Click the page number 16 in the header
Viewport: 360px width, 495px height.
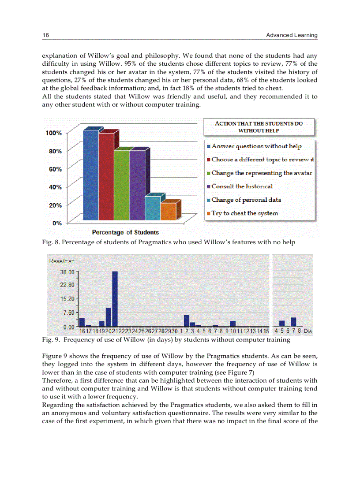click(45, 35)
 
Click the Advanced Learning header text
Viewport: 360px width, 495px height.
click(292, 35)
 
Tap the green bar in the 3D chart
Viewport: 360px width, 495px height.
click(121, 185)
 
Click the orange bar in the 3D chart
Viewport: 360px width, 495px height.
click(167, 211)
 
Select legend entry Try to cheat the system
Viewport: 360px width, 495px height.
click(244, 213)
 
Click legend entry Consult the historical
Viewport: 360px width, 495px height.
click(242, 186)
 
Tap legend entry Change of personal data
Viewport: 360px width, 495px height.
click(246, 200)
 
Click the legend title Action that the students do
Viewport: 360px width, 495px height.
click(259, 127)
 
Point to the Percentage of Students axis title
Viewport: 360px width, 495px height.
click(125, 232)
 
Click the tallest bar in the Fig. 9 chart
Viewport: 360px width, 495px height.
click(115, 299)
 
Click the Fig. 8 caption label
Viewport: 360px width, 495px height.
click(49, 242)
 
